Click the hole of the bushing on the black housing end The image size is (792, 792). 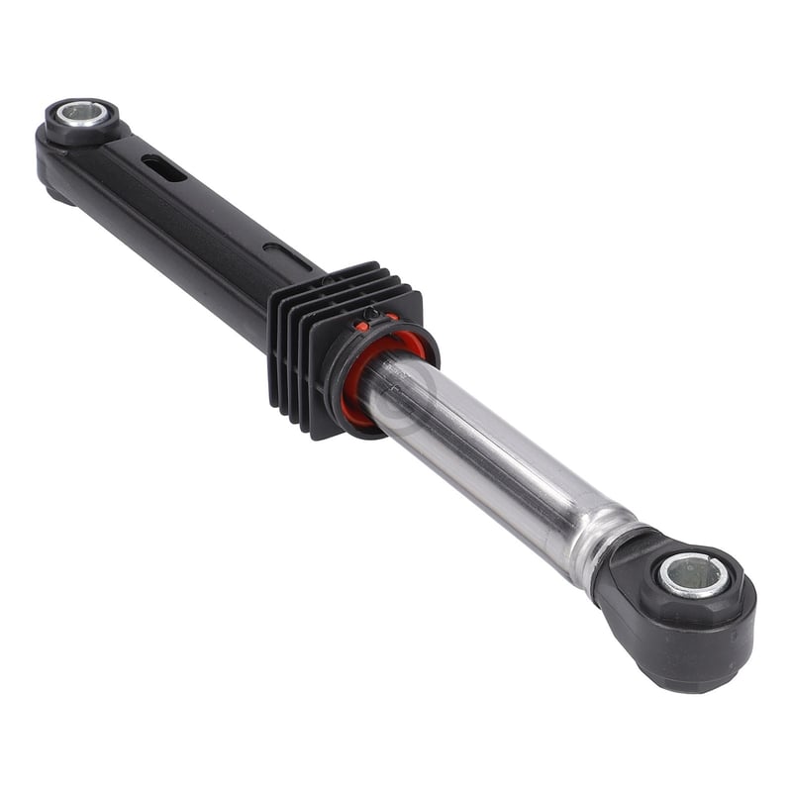click(x=80, y=113)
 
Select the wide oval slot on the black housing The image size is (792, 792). click(x=163, y=168)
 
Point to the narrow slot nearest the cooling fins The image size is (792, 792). click(x=276, y=248)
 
